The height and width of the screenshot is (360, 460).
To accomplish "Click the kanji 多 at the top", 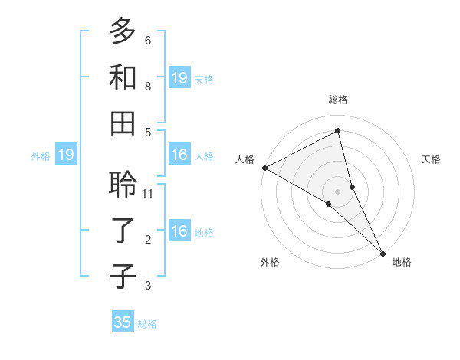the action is [x=122, y=31].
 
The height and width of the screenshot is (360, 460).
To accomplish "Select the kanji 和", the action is [x=122, y=77].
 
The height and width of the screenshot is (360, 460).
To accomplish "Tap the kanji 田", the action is [x=122, y=123].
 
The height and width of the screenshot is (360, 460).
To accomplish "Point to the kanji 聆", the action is [x=122, y=185].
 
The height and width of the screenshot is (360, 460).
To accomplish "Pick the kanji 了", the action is [x=122, y=231].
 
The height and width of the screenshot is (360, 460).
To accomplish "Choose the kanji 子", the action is [x=122, y=276].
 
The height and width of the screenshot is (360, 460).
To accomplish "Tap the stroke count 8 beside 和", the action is [x=148, y=87].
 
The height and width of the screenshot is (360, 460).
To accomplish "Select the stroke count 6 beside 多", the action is [x=148, y=41].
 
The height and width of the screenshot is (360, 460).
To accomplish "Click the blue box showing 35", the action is [x=123, y=322].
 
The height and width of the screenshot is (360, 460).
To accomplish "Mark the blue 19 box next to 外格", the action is [x=66, y=155].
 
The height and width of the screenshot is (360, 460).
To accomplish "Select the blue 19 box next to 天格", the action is [x=179, y=77].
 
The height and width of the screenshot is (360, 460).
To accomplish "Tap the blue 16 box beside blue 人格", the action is [x=179, y=155].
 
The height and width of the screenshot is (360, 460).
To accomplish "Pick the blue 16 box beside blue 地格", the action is [x=179, y=231].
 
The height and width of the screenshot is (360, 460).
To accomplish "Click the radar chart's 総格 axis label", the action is [x=337, y=100].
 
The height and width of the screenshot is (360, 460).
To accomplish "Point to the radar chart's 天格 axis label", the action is [x=431, y=159].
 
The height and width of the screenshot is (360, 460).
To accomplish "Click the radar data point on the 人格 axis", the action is [x=264, y=168].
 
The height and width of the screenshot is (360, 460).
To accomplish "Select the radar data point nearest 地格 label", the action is [x=383, y=253].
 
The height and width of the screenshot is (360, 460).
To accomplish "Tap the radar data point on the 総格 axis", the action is [x=337, y=131].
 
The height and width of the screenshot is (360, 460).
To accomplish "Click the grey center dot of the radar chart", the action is [x=337, y=191].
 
